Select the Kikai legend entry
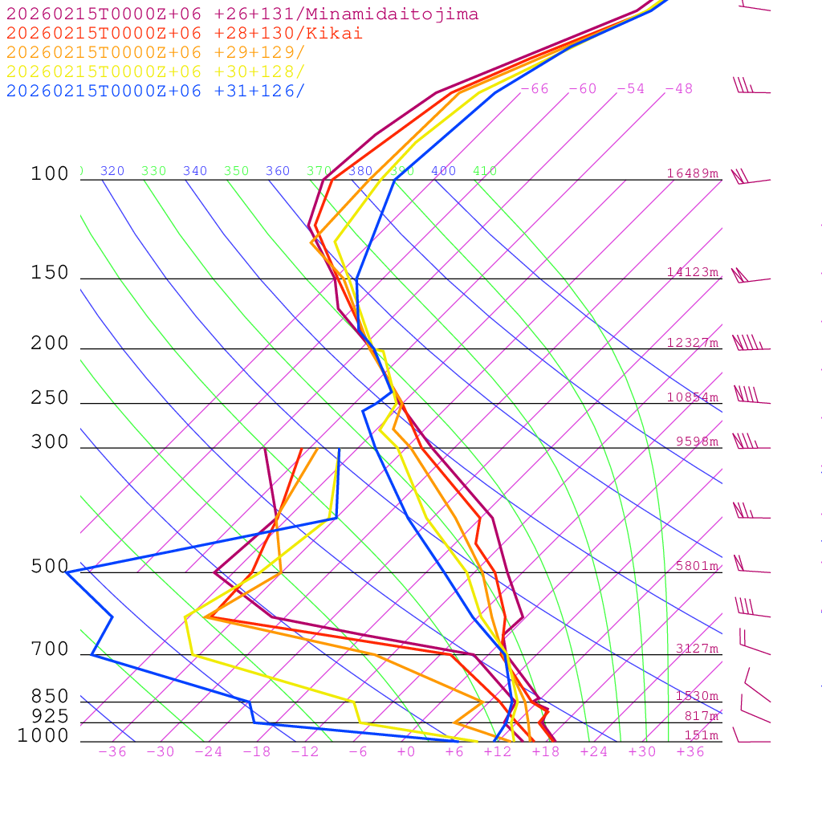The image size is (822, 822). click(184, 34)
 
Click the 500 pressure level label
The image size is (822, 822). click(50, 567)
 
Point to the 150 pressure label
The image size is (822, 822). click(50, 273)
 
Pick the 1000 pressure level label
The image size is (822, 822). click(43, 735)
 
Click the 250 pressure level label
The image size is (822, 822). click(50, 398)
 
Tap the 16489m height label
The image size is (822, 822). click(692, 173)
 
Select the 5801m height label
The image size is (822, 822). click(697, 566)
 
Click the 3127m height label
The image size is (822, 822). click(697, 649)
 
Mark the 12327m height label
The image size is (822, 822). click(692, 343)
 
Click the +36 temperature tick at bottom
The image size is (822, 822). click(690, 752)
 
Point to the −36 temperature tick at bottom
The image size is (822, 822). click(112, 752)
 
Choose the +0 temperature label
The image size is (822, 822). click(406, 752)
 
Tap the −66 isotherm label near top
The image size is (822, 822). click(535, 89)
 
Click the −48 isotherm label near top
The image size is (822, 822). click(678, 89)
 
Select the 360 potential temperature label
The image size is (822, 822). click(278, 171)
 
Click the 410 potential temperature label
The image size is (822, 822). click(485, 171)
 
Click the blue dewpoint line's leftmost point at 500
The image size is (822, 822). click(67, 572)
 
